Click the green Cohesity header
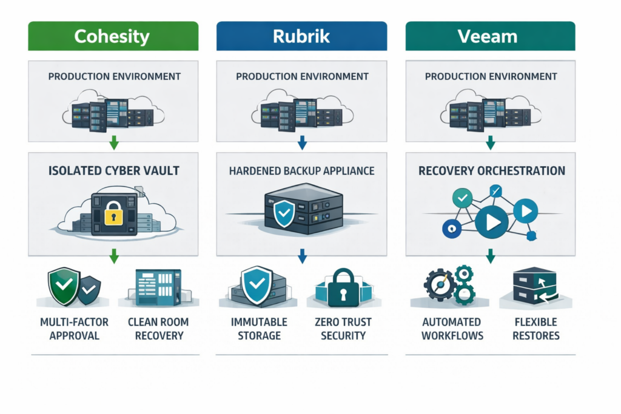pyautogui.click(x=113, y=36)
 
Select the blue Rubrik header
pyautogui.click(x=301, y=36)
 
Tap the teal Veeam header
pyautogui.click(x=490, y=36)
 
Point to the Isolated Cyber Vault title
pyautogui.click(x=113, y=171)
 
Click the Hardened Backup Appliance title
pyautogui.click(x=301, y=171)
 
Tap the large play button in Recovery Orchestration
pyautogui.click(x=492, y=222)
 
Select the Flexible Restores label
pyautogui.click(x=535, y=329)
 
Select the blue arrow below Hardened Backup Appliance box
pyautogui.click(x=302, y=258)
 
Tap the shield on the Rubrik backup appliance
pyautogui.click(x=284, y=214)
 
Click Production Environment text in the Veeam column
pyautogui.click(x=491, y=77)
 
